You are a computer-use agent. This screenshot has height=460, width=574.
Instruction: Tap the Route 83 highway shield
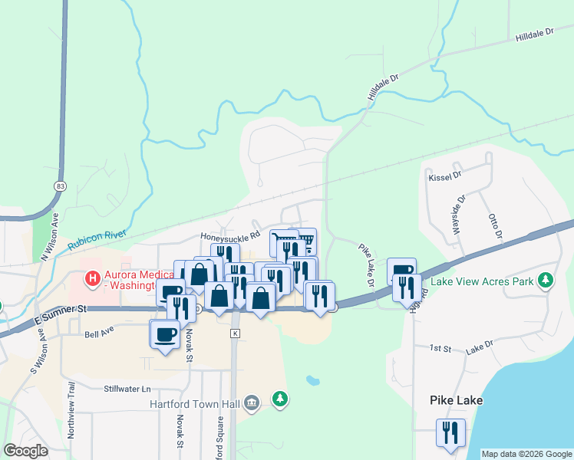(x=59, y=186)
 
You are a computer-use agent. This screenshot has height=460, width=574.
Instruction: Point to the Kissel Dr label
(x=444, y=176)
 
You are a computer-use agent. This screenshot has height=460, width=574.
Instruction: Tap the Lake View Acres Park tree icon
(x=546, y=281)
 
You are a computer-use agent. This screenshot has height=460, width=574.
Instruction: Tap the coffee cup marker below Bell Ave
(x=166, y=335)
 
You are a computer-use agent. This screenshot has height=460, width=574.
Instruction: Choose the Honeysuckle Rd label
(x=230, y=236)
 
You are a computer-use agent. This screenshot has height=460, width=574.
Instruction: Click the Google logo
(x=26, y=452)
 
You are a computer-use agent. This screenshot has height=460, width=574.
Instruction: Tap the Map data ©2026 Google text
(x=526, y=454)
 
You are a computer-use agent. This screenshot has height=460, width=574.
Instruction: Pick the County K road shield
(x=235, y=333)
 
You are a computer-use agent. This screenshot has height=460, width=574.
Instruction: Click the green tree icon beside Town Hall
(x=282, y=399)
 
